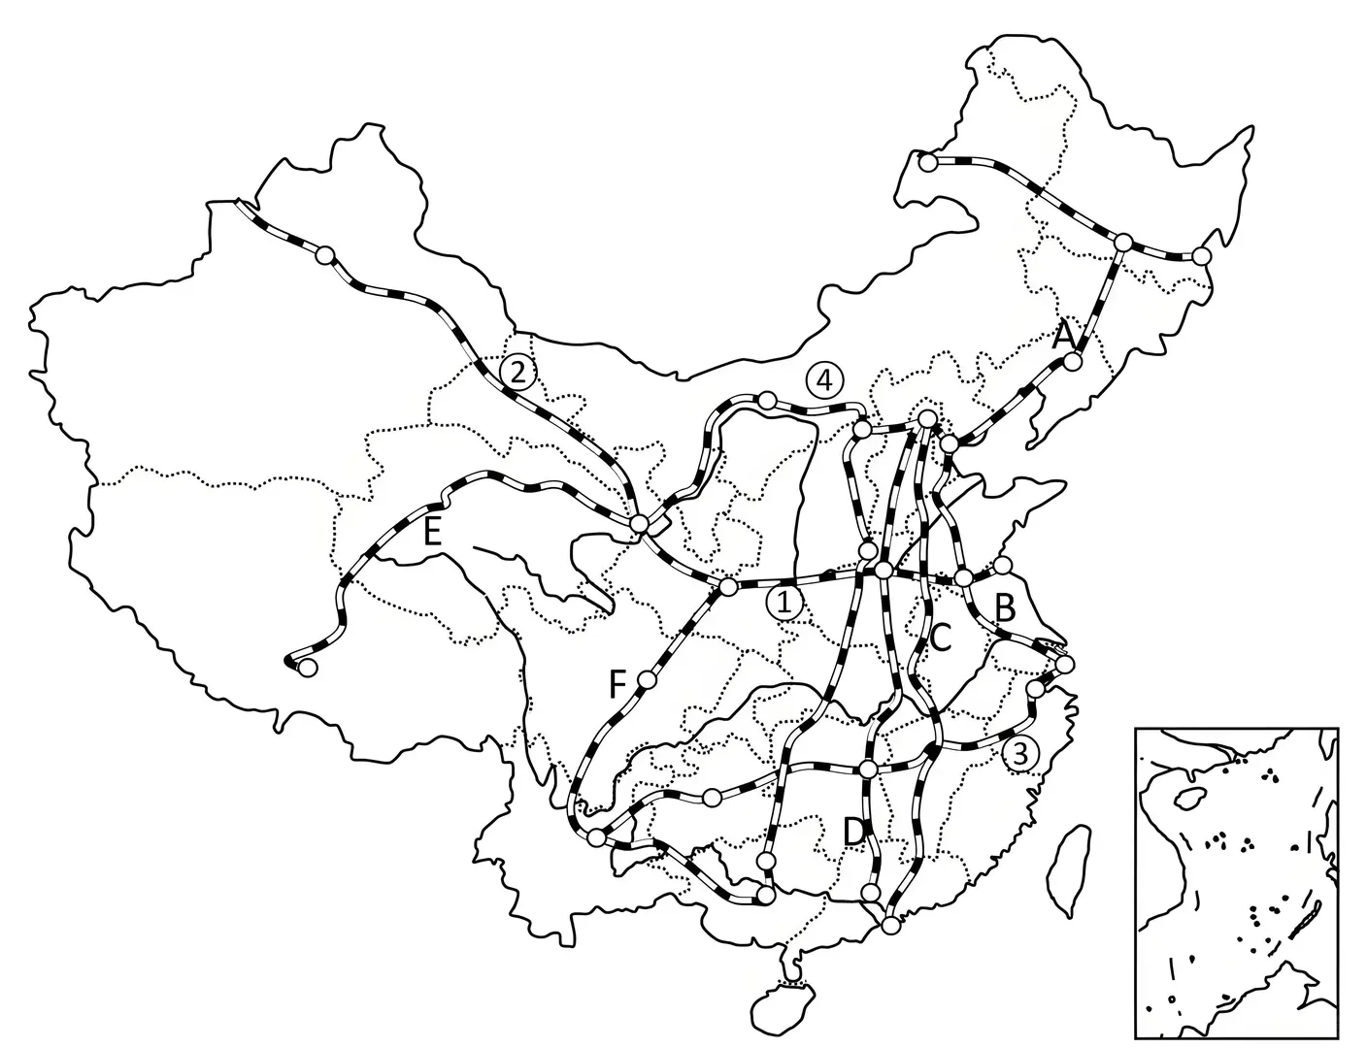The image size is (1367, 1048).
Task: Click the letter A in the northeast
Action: point(1064,336)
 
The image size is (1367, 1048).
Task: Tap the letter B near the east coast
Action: point(1005,608)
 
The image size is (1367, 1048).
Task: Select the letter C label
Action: point(940,637)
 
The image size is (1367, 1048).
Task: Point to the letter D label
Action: point(853,832)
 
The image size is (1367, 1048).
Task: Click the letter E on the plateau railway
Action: point(432,532)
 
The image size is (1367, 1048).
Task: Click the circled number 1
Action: point(784,603)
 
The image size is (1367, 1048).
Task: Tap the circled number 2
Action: point(517,371)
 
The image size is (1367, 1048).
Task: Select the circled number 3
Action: point(1020,753)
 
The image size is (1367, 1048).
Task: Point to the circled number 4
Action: point(823,379)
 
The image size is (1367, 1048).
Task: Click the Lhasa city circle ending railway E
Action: point(307,668)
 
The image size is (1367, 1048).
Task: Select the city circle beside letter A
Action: point(1072,361)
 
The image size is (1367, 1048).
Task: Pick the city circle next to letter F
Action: point(646,680)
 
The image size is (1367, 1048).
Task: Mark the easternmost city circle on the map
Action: point(1202,255)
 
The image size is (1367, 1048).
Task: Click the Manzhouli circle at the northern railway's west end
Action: point(928,163)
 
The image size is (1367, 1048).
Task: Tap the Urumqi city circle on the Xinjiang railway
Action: point(325,255)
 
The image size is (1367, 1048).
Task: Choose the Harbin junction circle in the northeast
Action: point(1123,242)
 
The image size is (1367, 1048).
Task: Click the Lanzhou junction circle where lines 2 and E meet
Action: point(639,524)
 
